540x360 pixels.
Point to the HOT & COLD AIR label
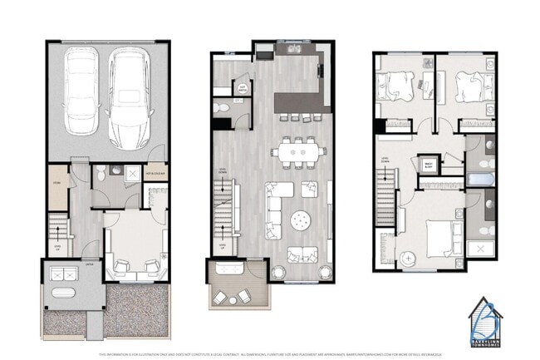click(156, 173)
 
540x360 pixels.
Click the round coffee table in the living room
click(300, 220)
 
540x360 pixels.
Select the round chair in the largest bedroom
click(409, 258)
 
